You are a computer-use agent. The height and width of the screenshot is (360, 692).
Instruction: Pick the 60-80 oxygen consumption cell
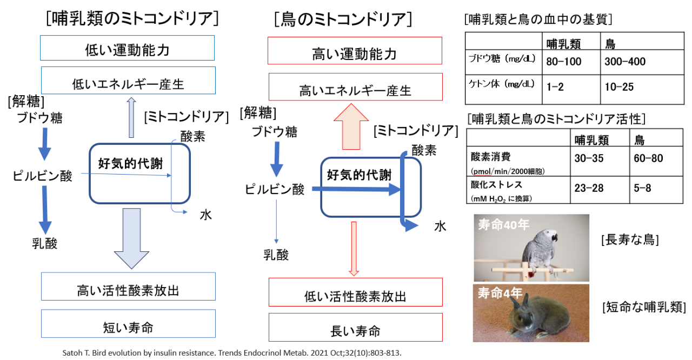pos(649,158)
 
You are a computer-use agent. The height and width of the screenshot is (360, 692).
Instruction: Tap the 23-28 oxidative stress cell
pos(589,189)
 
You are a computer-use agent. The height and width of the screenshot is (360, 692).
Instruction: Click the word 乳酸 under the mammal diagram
pos(44,243)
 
